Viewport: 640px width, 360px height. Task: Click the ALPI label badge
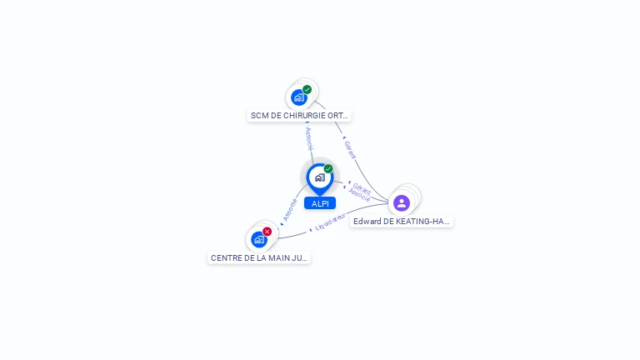320,203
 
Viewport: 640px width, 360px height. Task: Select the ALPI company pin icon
319,177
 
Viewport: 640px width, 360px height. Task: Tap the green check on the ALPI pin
328,169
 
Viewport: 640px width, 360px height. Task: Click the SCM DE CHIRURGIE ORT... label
300,116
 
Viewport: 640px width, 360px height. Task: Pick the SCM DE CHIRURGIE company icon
299,97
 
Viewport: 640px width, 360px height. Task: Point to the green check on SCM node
307,89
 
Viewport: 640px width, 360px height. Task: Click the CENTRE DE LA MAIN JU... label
259,258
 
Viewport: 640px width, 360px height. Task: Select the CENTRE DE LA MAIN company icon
259,240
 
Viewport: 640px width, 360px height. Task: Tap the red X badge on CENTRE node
267,231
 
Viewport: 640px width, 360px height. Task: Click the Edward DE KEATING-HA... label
402,222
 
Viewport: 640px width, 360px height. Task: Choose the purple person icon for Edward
402,203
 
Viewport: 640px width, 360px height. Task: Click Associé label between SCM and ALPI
308,137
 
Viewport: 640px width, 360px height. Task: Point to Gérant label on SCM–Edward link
350,149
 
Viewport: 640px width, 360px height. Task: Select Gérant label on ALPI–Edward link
362,187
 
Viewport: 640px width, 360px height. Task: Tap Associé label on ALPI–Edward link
359,195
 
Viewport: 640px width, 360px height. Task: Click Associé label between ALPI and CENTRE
290,209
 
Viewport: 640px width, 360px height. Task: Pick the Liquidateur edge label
331,221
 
